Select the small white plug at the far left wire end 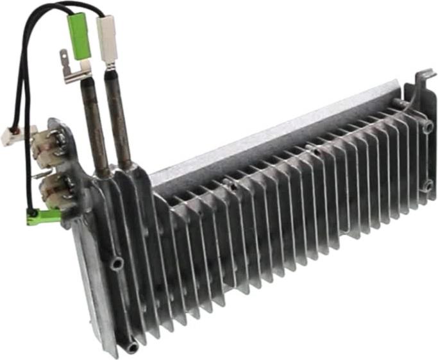tap(10, 137)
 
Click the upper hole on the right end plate tap(428, 127)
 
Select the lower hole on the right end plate tap(428, 187)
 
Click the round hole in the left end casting tap(116, 264)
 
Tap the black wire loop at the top tap(38, 19)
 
